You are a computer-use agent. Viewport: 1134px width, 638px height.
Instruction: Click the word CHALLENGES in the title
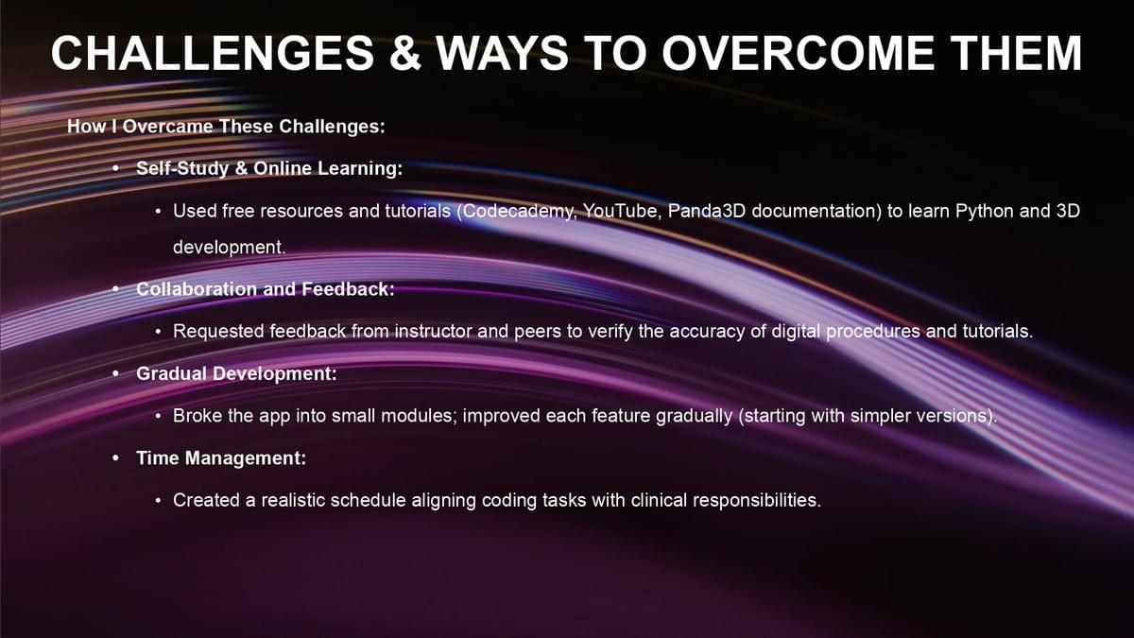pos(213,53)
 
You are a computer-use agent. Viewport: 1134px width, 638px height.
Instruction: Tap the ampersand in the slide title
pos(405,53)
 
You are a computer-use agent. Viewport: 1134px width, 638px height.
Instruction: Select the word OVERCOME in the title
pos(798,53)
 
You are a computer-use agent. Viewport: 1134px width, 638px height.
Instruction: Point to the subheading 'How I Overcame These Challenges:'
pos(226,126)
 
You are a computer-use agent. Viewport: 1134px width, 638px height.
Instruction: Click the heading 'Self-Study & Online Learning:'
pos(269,168)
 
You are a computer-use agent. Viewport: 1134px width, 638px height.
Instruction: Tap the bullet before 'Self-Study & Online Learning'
pos(116,167)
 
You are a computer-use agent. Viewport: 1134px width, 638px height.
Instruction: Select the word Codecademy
pos(519,211)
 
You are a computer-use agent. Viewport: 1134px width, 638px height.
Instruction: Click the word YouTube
pos(623,211)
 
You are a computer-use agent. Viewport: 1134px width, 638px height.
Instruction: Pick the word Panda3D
pos(707,211)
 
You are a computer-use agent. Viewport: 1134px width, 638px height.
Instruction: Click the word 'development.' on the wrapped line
pos(230,247)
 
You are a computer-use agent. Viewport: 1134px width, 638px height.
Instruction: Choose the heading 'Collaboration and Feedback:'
pos(266,289)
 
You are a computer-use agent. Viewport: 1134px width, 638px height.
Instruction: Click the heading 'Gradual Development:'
pos(236,373)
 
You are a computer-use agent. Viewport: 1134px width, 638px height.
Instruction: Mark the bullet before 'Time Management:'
pos(116,457)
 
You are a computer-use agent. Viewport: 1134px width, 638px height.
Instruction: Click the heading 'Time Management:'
pos(221,458)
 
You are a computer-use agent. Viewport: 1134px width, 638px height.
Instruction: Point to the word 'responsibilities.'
pos(757,500)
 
